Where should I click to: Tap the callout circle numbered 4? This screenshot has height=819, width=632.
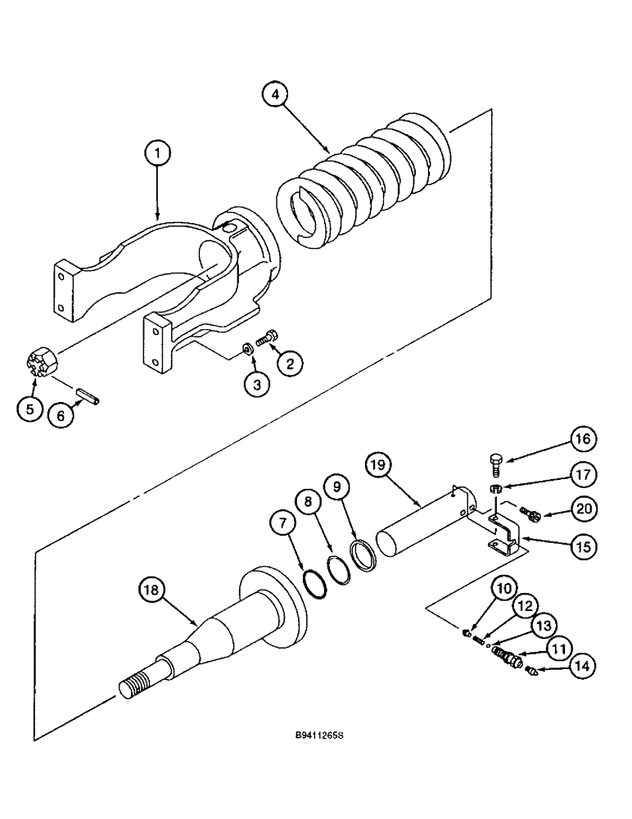[x=276, y=96]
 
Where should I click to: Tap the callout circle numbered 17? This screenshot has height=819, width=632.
[x=580, y=474]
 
